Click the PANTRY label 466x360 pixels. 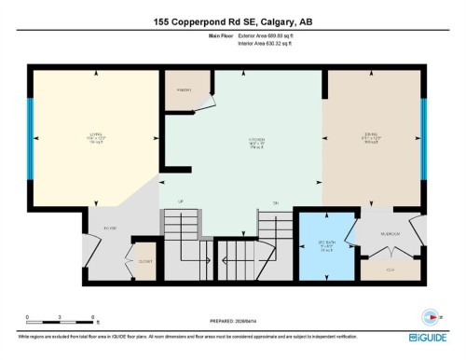pos(185,90)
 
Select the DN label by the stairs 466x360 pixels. pos(276,202)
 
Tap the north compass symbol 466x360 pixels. pos(430,314)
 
